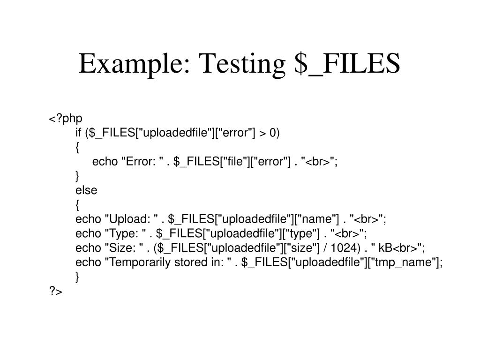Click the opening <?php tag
pyautogui.click(x=66, y=119)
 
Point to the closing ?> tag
pyautogui.click(x=55, y=292)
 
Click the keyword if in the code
pyautogui.click(x=79, y=134)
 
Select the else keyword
pyautogui.click(x=86, y=190)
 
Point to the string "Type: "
pyautogui.click(x=125, y=233)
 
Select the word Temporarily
pyautogui.click(x=139, y=262)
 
